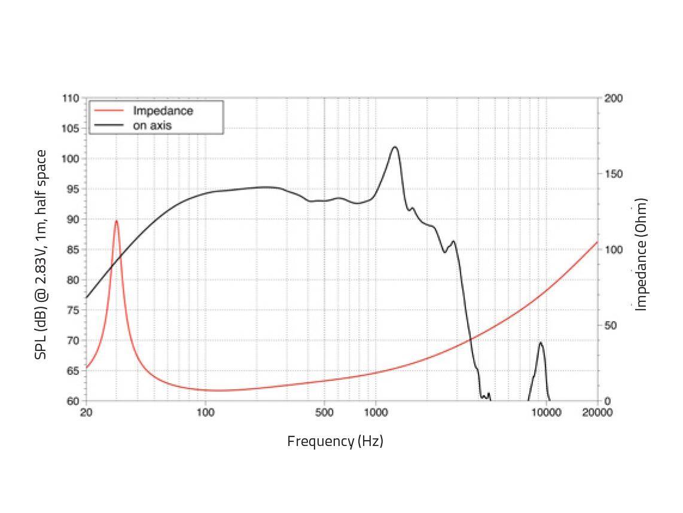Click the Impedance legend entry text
pyautogui.click(x=163, y=111)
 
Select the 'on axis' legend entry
pyautogui.click(x=153, y=125)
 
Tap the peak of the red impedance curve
pyautogui.click(x=116, y=221)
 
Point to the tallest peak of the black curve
pyautogui.click(x=394, y=146)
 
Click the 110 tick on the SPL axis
pyautogui.click(x=71, y=98)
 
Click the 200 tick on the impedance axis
pyautogui.click(x=614, y=98)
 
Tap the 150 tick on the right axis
pyautogui.click(x=614, y=174)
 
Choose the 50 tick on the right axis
pyautogui.click(x=612, y=325)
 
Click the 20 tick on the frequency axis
pyautogui.click(x=86, y=413)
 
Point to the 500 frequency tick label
pyautogui.click(x=324, y=413)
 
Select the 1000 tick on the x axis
pyautogui.click(x=376, y=413)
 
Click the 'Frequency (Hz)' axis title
pyautogui.click(x=335, y=441)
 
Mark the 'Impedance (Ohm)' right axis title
pyautogui.click(x=641, y=254)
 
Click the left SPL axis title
pyautogui.click(x=41, y=254)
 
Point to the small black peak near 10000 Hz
pyautogui.click(x=541, y=343)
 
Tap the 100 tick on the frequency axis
pyautogui.click(x=205, y=413)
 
